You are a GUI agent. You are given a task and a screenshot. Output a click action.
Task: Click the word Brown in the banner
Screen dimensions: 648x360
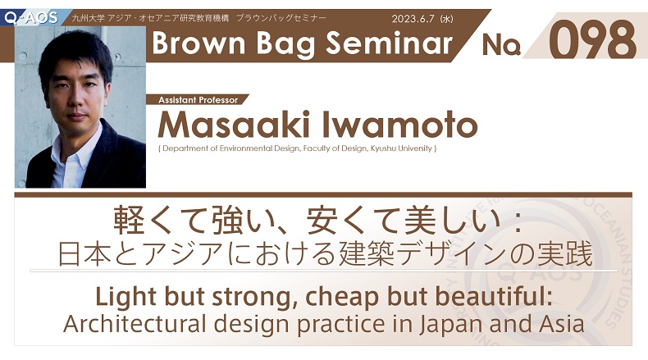tap(199, 43)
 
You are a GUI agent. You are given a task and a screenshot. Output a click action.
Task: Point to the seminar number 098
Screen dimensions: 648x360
tap(592, 40)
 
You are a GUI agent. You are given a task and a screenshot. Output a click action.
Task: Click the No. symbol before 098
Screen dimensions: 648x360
tap(501, 44)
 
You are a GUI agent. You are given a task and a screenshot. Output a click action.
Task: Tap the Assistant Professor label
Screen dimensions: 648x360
tap(198, 100)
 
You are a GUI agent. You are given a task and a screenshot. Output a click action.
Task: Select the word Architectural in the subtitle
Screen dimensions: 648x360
tap(135, 324)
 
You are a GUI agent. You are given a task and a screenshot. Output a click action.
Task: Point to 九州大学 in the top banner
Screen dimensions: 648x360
tap(89, 18)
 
